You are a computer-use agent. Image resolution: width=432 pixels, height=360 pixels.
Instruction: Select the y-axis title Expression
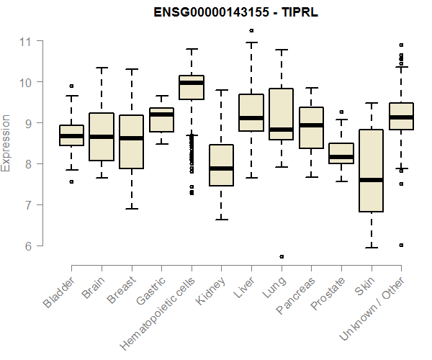[x=6, y=143]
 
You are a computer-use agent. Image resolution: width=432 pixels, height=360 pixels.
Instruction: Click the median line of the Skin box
[x=371, y=179]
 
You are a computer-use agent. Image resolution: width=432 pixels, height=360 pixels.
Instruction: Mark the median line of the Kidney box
[x=221, y=168]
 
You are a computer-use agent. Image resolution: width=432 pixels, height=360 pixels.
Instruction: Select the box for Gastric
[x=161, y=120]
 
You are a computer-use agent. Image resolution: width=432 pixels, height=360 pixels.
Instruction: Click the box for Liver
[x=251, y=112]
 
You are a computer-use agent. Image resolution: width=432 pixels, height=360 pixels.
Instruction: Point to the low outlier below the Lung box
[x=282, y=256]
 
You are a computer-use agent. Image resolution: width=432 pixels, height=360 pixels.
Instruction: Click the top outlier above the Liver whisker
[x=251, y=30]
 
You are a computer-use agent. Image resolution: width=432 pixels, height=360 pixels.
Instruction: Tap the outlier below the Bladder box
[x=71, y=181]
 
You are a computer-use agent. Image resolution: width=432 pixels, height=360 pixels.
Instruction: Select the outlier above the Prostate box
[x=341, y=112]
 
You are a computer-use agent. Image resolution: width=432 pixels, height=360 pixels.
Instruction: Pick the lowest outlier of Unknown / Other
[x=401, y=245]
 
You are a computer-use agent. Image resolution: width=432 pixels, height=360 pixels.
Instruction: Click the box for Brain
[x=102, y=137]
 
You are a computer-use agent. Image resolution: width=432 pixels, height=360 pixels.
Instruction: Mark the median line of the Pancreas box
[x=311, y=125]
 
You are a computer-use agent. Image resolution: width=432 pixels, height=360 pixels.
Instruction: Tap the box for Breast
[x=131, y=142]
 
